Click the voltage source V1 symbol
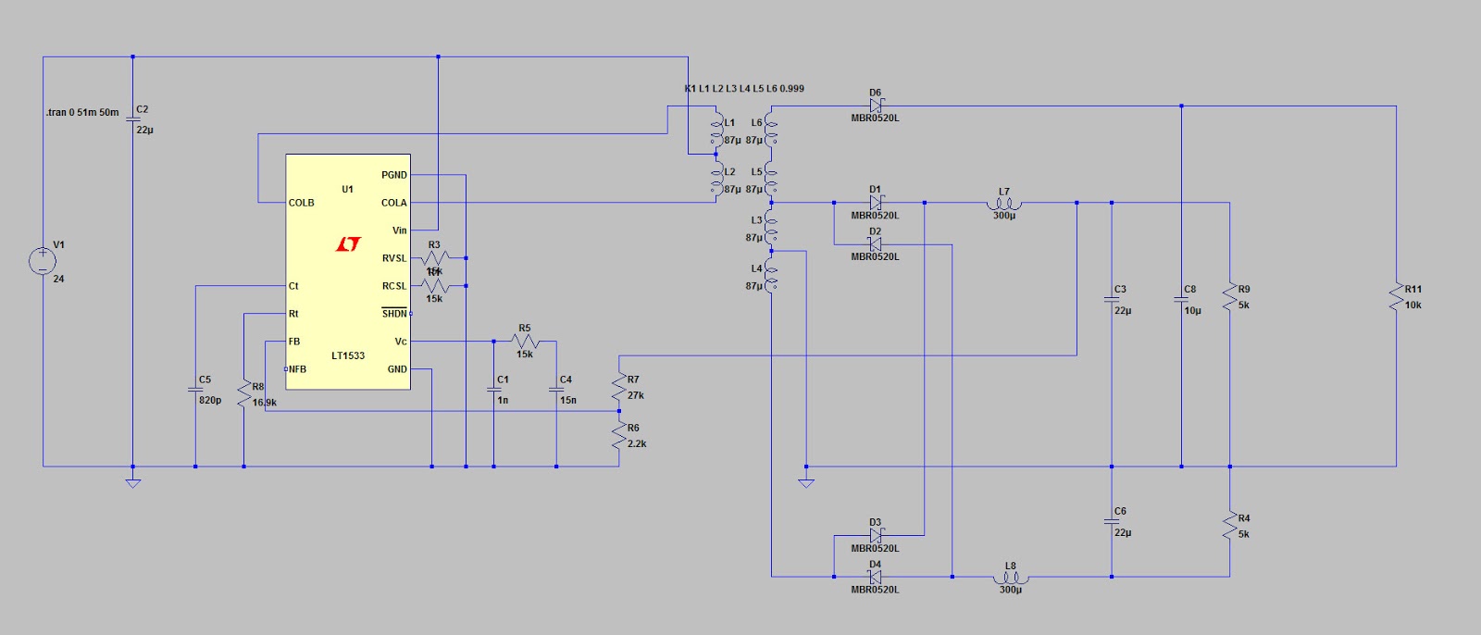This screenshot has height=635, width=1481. pyautogui.click(x=43, y=261)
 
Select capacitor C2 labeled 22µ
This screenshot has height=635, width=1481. pyautogui.click(x=132, y=118)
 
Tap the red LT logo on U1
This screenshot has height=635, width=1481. pyautogui.click(x=348, y=244)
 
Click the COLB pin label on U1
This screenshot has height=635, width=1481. pyautogui.click(x=301, y=203)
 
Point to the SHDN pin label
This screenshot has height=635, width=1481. pyautogui.click(x=394, y=314)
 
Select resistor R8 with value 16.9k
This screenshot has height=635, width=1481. pyautogui.click(x=243, y=394)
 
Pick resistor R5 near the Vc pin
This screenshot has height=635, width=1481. pyautogui.click(x=525, y=342)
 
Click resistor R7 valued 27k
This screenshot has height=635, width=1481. pyautogui.click(x=619, y=387)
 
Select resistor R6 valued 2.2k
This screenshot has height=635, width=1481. pyautogui.click(x=619, y=436)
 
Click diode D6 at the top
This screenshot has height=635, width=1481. pyautogui.click(x=876, y=106)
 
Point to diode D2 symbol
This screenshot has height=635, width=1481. pyautogui.click(x=875, y=244)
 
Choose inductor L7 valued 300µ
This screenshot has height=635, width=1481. pyautogui.click(x=1004, y=204)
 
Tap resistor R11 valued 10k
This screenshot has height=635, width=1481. pyautogui.click(x=1396, y=297)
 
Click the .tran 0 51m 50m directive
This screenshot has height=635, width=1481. pyautogui.click(x=82, y=112)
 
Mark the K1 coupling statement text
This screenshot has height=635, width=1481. pyautogui.click(x=744, y=89)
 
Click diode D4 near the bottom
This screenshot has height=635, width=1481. pyautogui.click(x=875, y=577)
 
